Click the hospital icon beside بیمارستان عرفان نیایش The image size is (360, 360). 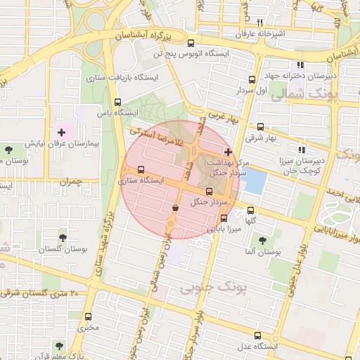coord(61,131)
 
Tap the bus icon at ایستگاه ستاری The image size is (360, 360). coord(141,169)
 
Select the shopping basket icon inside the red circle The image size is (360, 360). coord(175,207)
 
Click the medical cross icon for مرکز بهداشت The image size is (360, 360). coord(227,152)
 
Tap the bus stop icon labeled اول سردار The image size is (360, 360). coord(252,80)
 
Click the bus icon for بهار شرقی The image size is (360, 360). coord(261,127)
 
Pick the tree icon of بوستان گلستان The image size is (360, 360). coord(63,238)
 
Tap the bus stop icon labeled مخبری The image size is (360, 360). coord(88,316)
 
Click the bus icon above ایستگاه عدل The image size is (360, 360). coord(257,335)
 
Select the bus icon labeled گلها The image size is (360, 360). coord(251,210)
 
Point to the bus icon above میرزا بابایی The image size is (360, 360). coord(224,218)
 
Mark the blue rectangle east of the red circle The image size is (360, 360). coord(254,181)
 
